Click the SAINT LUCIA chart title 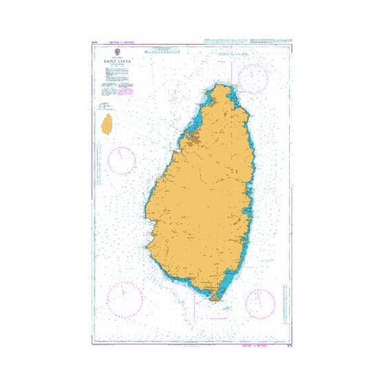click(x=116, y=63)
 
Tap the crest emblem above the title click(x=116, y=52)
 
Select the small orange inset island click(x=107, y=126)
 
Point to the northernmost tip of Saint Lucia click(x=220, y=86)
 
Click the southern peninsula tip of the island click(x=219, y=299)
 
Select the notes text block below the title click(x=116, y=86)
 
